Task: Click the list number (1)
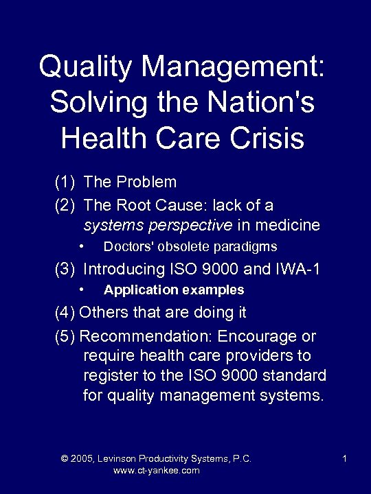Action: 66,183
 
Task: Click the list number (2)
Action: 66,205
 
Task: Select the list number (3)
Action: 66,269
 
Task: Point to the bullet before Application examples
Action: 81,290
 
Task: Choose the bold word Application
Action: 137,290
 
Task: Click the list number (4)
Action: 65,313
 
